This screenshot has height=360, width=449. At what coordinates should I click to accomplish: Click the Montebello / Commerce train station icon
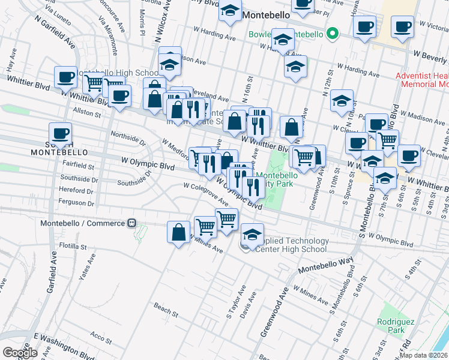[131, 223]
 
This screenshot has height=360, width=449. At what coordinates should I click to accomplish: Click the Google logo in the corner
[20, 353]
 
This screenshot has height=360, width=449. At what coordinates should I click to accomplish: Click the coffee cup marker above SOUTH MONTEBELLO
[60, 133]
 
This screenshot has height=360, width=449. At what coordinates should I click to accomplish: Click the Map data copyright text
[423, 355]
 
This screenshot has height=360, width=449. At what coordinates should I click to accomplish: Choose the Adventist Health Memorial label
[422, 80]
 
